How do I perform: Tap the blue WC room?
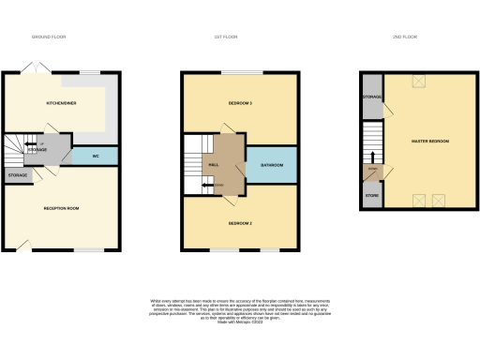click(96, 155)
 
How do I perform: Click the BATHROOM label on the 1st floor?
click(272, 165)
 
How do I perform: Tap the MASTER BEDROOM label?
click(430, 142)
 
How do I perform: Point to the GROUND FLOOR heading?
click(48, 37)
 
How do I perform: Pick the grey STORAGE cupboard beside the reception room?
click(18, 175)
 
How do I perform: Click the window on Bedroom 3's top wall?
click(254, 72)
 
